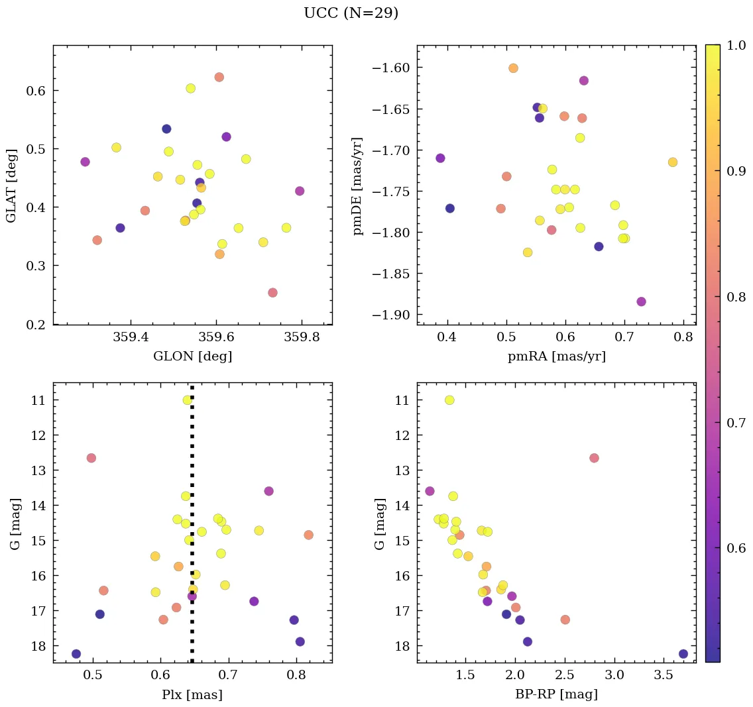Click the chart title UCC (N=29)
click(x=351, y=13)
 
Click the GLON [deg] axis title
click(x=192, y=356)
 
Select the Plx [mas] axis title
click(x=192, y=694)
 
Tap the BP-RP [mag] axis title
click(x=556, y=694)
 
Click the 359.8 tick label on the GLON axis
click(x=302, y=338)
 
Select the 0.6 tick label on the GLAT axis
click(x=36, y=91)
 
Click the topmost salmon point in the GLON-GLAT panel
click(x=219, y=78)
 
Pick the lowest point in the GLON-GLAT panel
click(x=272, y=293)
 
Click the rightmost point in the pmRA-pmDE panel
click(x=673, y=162)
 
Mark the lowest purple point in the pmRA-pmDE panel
click(x=641, y=301)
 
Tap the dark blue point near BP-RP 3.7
click(x=683, y=654)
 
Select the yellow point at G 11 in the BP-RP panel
click(x=449, y=400)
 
